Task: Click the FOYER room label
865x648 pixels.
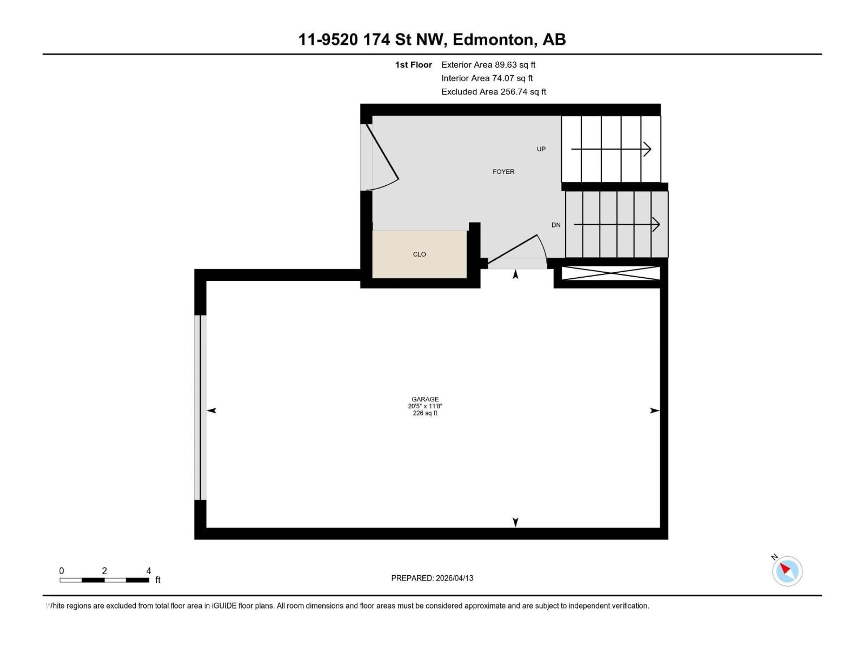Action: tap(503, 171)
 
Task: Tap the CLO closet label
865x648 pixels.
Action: tap(419, 254)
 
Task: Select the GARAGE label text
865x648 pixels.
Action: tap(425, 399)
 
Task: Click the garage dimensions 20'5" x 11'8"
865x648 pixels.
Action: tap(425, 406)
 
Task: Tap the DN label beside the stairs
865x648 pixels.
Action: tap(556, 225)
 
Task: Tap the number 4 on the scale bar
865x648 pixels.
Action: tap(149, 571)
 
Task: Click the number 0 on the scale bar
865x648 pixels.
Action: tap(61, 571)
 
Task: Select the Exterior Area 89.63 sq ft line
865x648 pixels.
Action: tap(488, 65)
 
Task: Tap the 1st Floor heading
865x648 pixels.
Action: tap(413, 65)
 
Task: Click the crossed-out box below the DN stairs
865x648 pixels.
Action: tap(610, 273)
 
